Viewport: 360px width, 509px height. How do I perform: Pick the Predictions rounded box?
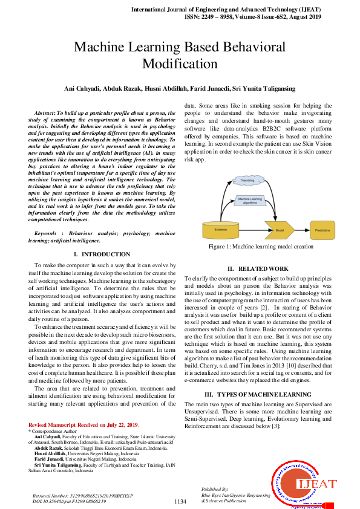(322, 230)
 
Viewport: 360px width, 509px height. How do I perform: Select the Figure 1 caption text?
(261, 247)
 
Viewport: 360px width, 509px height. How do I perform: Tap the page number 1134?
(180, 502)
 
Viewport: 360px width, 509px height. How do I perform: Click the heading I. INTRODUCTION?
(101, 254)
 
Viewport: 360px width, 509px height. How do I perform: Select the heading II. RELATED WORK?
(258, 268)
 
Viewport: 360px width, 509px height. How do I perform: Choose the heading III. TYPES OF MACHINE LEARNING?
(258, 394)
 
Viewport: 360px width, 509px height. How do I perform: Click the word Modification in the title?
(180, 63)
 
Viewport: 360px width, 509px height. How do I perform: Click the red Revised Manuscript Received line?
(83, 425)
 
